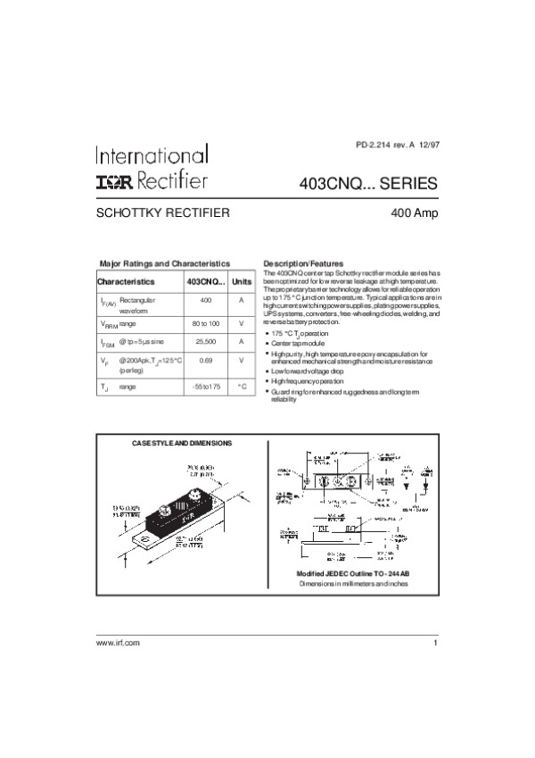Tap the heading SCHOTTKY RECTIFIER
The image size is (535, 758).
[x=164, y=213]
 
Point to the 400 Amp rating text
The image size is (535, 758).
[x=414, y=214]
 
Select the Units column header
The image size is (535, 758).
[x=242, y=281]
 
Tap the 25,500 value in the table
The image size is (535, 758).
[x=206, y=341]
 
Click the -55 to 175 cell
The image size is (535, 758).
[x=206, y=387]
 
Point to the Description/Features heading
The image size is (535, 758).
[x=304, y=264]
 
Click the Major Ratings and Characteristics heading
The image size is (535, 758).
[x=165, y=264]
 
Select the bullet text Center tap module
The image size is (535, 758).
[x=299, y=343]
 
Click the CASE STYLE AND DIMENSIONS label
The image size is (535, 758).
[x=181, y=443]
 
